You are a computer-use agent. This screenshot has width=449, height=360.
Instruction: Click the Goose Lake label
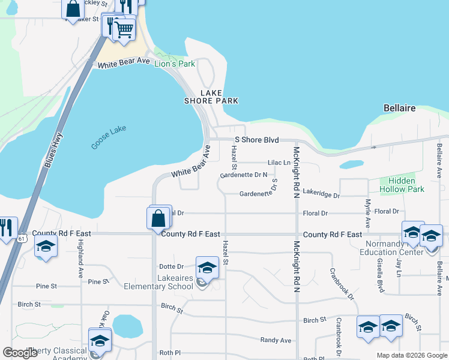(110, 139)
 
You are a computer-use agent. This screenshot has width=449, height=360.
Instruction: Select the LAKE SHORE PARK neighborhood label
(211, 97)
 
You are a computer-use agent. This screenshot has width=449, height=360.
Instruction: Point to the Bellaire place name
(399, 108)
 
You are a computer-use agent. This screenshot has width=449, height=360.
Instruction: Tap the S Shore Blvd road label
(257, 140)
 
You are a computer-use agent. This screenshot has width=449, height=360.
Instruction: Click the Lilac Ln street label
(279, 163)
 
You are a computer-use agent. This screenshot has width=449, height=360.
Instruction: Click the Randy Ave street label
(276, 340)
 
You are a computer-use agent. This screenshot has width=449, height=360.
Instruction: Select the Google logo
(20, 353)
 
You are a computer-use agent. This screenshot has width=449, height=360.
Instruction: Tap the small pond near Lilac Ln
(351, 164)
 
